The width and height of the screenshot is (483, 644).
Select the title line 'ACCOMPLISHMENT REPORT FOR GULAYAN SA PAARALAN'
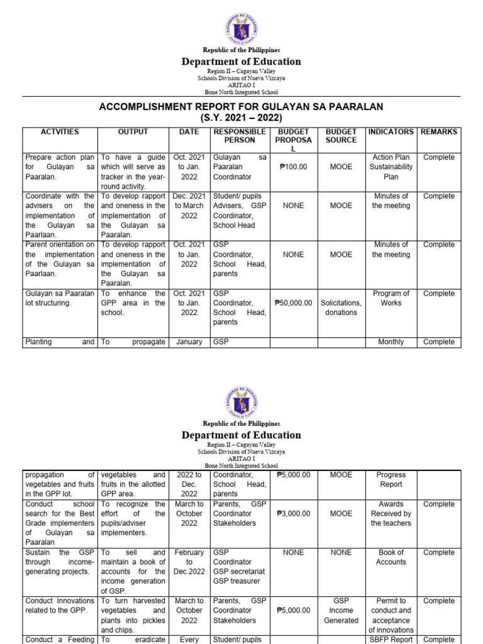click(241, 107)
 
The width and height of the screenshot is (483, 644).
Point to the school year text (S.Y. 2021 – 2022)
click(241, 118)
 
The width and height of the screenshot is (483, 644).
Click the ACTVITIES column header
click(60, 132)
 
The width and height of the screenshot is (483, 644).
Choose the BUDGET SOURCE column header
click(341, 136)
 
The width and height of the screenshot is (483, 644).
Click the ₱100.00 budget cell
click(293, 167)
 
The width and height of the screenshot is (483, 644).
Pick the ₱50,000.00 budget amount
click(293, 303)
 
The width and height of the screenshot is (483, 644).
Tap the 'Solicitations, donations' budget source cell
click(341, 308)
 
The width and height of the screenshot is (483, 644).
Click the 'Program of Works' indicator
click(391, 298)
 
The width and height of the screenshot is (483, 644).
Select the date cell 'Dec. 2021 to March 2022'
click(189, 206)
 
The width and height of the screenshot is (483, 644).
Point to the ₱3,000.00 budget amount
click(293, 514)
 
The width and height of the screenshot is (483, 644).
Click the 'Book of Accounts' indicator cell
click(391, 557)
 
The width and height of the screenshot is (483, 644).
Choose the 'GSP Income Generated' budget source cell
click(341, 610)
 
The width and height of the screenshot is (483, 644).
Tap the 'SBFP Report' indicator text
click(391, 639)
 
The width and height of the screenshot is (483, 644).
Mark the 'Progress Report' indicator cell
click(391, 480)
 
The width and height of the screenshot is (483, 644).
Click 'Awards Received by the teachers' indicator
click(391, 514)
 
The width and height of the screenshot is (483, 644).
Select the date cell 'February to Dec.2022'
click(189, 562)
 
